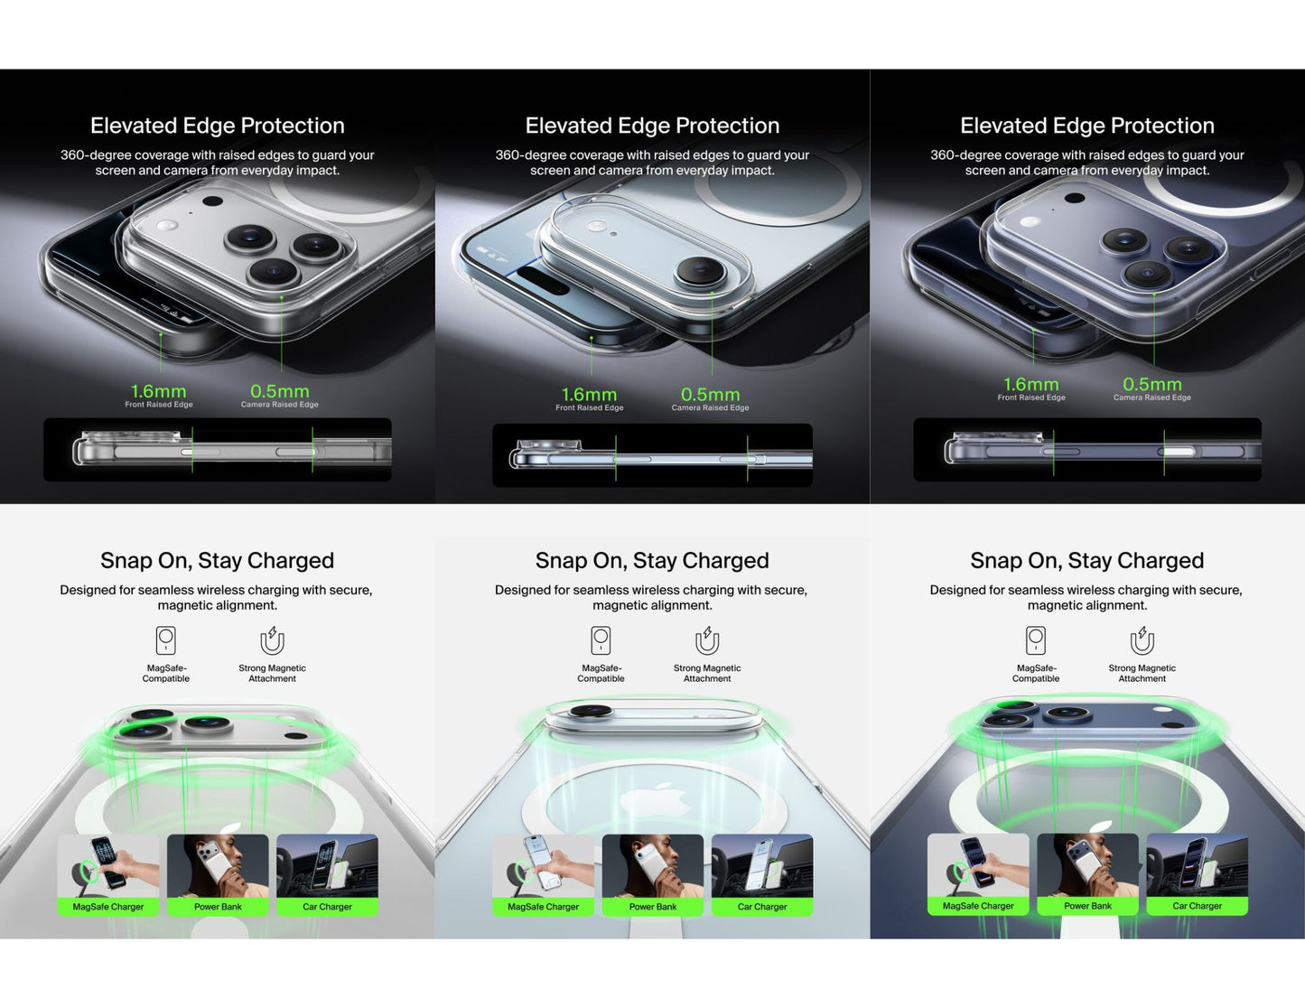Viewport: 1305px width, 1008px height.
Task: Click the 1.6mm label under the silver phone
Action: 159,391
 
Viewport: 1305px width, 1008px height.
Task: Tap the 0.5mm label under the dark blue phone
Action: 1151,384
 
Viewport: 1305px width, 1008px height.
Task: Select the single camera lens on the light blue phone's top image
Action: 700,269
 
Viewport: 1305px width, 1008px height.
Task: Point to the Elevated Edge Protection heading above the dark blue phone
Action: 1086,126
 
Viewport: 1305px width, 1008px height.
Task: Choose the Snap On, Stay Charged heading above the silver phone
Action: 217,561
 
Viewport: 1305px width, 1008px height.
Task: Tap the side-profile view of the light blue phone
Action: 652,455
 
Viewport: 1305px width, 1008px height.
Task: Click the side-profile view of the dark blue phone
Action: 1087,449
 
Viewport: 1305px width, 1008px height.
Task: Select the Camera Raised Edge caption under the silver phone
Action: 280,405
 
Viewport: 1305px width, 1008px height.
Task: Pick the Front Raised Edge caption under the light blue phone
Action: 590,408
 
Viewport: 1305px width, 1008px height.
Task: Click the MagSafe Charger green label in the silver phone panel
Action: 108,907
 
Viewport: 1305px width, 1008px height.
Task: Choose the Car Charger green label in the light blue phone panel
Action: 762,907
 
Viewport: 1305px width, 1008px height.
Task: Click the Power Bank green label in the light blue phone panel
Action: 653,907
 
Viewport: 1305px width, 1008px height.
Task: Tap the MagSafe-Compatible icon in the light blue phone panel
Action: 601,640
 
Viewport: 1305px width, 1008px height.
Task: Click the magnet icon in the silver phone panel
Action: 272,640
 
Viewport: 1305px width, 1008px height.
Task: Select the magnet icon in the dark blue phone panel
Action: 1142,640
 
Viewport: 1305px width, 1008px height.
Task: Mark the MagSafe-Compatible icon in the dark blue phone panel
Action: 1036,640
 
